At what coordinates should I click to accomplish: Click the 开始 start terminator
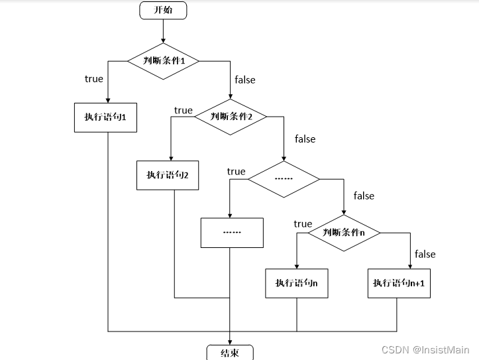coord(163,11)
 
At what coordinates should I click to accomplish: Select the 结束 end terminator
coord(229,353)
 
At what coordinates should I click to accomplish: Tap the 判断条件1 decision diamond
coord(163,61)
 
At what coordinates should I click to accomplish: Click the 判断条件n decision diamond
coord(343,233)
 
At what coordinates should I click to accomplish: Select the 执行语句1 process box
coord(105,117)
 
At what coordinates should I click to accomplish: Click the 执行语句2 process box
coord(168,175)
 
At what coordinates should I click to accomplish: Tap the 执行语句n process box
coord(296,283)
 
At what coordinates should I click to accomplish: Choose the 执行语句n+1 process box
coord(398,283)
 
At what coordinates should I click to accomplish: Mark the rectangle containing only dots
coord(232,233)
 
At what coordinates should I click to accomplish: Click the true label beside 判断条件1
coord(94,79)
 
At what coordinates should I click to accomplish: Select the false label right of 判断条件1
coord(244,80)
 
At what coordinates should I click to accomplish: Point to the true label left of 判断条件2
coord(183,110)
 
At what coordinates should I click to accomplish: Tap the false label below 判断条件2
coord(305,139)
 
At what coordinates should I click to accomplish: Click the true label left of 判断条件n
coord(303,224)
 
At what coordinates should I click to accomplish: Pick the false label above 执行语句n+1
coord(425,254)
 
